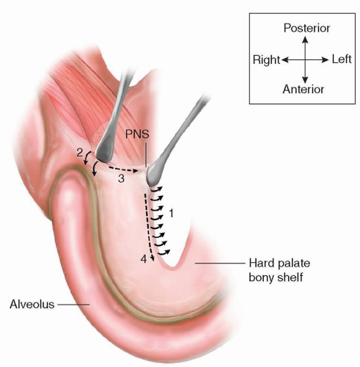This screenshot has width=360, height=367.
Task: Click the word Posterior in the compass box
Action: pyautogui.click(x=306, y=28)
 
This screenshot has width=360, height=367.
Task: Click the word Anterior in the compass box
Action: pyautogui.click(x=304, y=90)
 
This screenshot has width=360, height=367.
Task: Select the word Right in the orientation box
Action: pyautogui.click(x=266, y=60)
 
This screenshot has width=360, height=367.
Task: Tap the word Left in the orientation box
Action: pyautogui.click(x=342, y=59)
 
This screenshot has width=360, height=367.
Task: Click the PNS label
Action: pyautogui.click(x=137, y=134)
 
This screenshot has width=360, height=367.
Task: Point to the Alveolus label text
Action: pyautogui.click(x=32, y=305)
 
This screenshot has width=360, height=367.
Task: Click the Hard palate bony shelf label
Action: pyautogui.click(x=279, y=270)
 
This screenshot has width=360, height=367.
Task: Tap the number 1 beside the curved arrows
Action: pyautogui.click(x=172, y=214)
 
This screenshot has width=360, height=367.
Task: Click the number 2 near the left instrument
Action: pyautogui.click(x=80, y=153)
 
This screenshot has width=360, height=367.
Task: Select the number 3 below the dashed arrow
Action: pyautogui.click(x=121, y=178)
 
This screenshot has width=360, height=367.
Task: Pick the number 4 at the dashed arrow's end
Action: pyautogui.click(x=144, y=259)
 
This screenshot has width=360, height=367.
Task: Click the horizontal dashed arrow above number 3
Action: pyautogui.click(x=123, y=170)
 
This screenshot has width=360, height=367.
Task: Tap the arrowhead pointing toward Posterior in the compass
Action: pyautogui.click(x=305, y=39)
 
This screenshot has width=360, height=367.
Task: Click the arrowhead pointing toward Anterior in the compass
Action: pyautogui.click(x=305, y=80)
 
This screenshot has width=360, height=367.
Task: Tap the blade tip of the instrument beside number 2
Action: pyautogui.click(x=104, y=161)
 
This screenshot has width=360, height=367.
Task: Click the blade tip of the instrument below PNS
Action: pyautogui.click(x=152, y=182)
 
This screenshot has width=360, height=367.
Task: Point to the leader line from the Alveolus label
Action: pyautogui.click(x=73, y=305)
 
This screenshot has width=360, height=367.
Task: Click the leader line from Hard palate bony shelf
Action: pyautogui.click(x=220, y=264)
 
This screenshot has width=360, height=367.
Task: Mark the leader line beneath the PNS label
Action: pyautogui.click(x=146, y=155)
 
